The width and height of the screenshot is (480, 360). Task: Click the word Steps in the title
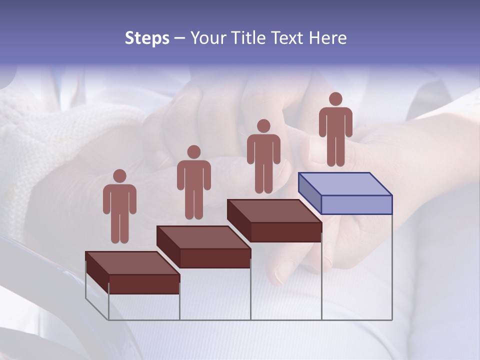(147, 38)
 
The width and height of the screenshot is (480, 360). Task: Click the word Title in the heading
(249, 38)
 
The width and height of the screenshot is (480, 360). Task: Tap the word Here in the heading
(327, 38)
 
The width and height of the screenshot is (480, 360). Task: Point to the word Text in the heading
(288, 38)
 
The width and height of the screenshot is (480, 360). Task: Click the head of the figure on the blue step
(335, 99)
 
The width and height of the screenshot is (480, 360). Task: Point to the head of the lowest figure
(119, 176)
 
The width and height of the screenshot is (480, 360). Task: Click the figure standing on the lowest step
(119, 210)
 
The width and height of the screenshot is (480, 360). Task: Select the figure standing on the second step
(194, 185)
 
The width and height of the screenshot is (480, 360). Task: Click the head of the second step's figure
(194, 152)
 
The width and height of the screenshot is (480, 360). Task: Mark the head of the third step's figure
(263, 126)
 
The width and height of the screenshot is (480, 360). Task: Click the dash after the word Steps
(179, 39)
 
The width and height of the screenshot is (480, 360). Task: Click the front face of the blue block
(356, 204)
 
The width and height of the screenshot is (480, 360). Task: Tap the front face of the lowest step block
(144, 284)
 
